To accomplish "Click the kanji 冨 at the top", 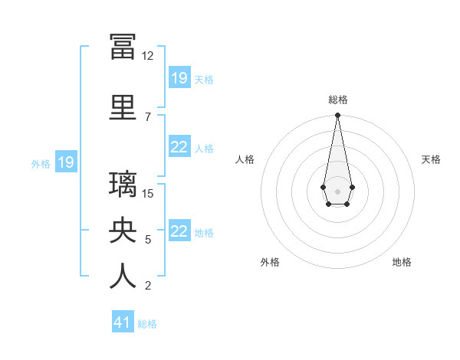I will pyautogui.click(x=123, y=47).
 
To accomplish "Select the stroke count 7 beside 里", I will pyautogui.click(x=147, y=116).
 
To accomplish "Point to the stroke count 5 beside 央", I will pyautogui.click(x=147, y=240).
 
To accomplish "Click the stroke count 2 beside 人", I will pyautogui.click(x=147, y=286).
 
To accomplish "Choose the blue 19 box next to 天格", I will pyautogui.click(x=179, y=78).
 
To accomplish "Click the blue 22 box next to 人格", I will pyautogui.click(x=179, y=148).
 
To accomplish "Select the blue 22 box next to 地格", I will pyautogui.click(x=179, y=231).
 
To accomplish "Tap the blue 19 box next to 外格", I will pyautogui.click(x=65, y=162).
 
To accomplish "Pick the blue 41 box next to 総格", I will pyautogui.click(x=123, y=322).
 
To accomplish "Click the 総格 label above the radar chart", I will pyautogui.click(x=337, y=100).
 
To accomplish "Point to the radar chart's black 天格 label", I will pyautogui.click(x=431, y=159).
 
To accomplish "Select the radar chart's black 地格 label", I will pyautogui.click(x=402, y=262).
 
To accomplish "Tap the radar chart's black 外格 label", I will pyautogui.click(x=270, y=262).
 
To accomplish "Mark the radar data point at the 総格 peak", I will pyautogui.click(x=337, y=116).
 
